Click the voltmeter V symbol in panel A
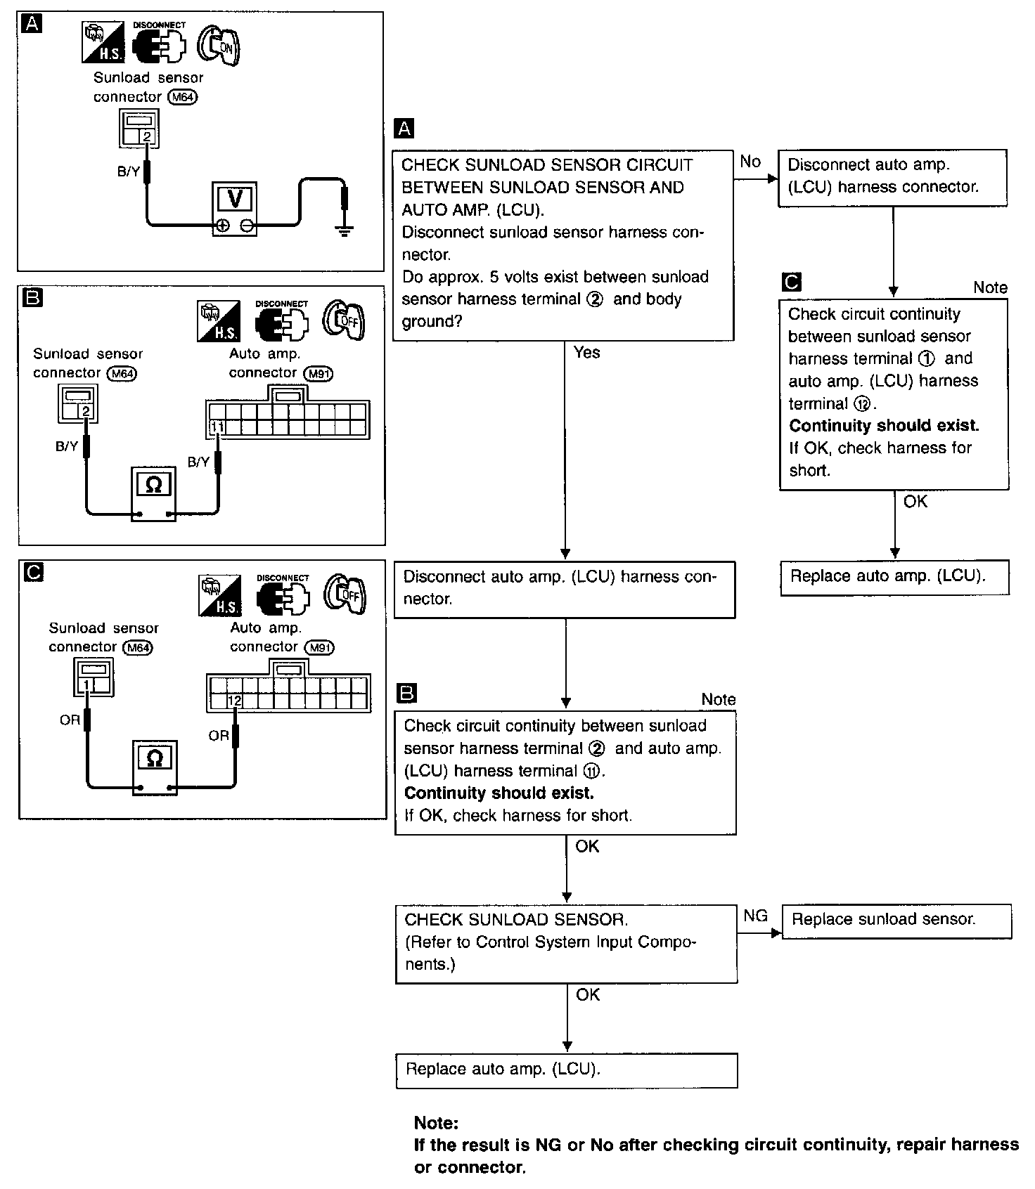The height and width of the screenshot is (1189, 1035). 235,200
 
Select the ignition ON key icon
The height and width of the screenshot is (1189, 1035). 218,46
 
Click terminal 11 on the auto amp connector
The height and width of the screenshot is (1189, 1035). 217,427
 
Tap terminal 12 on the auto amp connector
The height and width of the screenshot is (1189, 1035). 235,701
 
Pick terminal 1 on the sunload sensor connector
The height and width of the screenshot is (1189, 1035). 86,684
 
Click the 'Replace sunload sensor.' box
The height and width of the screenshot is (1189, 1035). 896,921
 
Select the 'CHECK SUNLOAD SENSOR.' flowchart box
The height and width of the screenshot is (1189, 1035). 566,943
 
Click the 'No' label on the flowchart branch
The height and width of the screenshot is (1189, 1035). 750,162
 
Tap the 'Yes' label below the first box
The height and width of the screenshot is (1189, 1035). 586,352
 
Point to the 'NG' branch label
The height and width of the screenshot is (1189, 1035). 755,915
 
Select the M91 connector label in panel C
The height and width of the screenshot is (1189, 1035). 319,647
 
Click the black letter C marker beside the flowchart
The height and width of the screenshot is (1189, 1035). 791,282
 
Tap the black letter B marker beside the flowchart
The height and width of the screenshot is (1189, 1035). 406,694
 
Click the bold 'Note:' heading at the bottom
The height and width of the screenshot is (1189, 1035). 436,1122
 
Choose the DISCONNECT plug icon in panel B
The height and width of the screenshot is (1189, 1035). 281,323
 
